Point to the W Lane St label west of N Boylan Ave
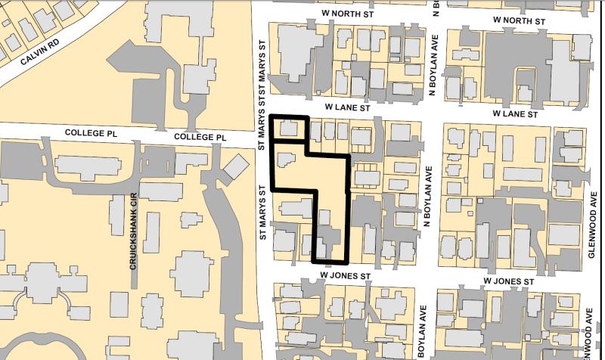(x=346, y=108)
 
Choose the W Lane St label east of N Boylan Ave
(x=514, y=114)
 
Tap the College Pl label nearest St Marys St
(x=200, y=137)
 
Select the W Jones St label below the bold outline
(x=343, y=276)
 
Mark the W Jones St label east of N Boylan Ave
(x=511, y=281)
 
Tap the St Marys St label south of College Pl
(x=264, y=213)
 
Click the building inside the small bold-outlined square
(x=288, y=128)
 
